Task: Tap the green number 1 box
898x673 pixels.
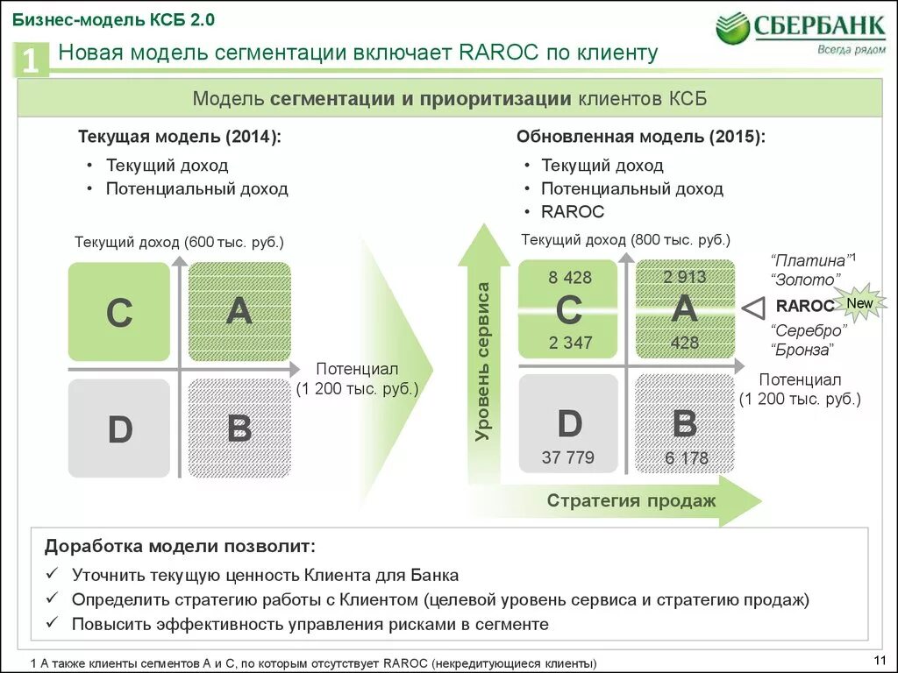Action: pos(31,61)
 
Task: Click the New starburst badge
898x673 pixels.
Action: pos(859,303)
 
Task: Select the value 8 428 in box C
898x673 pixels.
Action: pos(570,278)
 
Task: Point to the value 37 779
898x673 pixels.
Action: pos(568,457)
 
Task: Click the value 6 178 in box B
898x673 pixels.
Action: pos(686,457)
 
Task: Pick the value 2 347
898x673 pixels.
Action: pos(570,343)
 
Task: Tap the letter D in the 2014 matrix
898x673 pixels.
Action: pos(119,429)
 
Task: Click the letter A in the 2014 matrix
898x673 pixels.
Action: pos(239,310)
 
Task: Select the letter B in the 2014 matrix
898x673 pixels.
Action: pos(239,429)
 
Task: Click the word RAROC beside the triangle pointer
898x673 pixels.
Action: pos(804,306)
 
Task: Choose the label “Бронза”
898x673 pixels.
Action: pos(802,350)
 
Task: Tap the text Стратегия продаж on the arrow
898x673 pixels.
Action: pos(631,501)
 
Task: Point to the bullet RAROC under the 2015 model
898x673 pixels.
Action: pos(573,211)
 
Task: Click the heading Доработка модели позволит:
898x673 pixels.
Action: pos(180,546)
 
